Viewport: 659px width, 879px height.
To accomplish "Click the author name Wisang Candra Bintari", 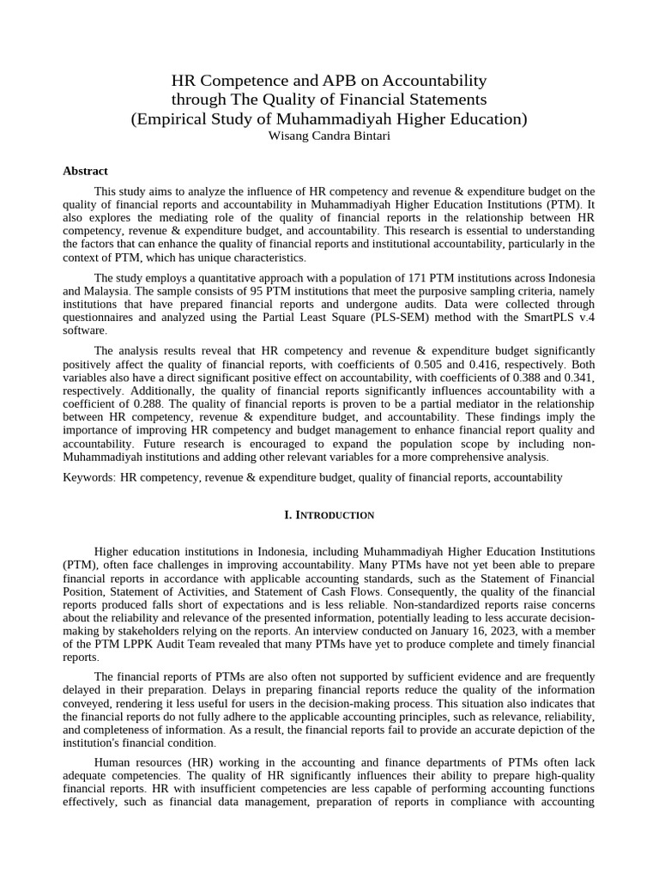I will [x=329, y=136].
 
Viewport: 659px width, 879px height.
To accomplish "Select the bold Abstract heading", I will [x=85, y=171].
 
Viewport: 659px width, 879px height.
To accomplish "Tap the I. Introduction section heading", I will [x=329, y=515].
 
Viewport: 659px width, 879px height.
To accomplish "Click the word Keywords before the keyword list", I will [x=88, y=477].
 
